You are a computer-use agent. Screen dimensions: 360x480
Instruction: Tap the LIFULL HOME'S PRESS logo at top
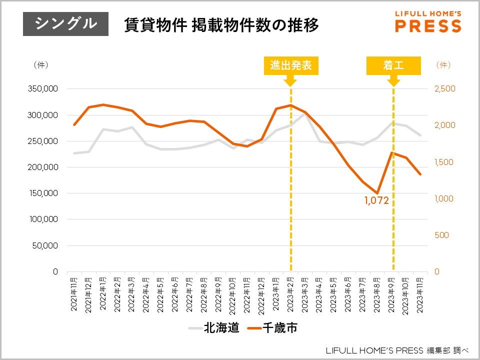point(428,21)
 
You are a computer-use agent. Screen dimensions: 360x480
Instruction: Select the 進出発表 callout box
point(291,66)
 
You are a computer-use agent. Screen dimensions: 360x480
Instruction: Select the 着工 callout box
point(393,66)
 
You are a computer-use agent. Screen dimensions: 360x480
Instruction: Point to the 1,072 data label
point(376,201)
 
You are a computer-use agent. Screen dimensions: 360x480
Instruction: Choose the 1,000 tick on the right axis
point(443,198)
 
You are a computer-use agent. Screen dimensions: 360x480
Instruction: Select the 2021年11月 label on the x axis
point(74,295)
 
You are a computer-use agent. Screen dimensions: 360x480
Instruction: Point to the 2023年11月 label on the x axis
point(419,295)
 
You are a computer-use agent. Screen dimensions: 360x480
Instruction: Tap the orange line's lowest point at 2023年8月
point(378,193)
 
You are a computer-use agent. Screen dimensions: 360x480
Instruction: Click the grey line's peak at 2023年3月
point(305,114)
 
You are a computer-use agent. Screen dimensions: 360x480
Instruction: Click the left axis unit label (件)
point(40,65)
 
